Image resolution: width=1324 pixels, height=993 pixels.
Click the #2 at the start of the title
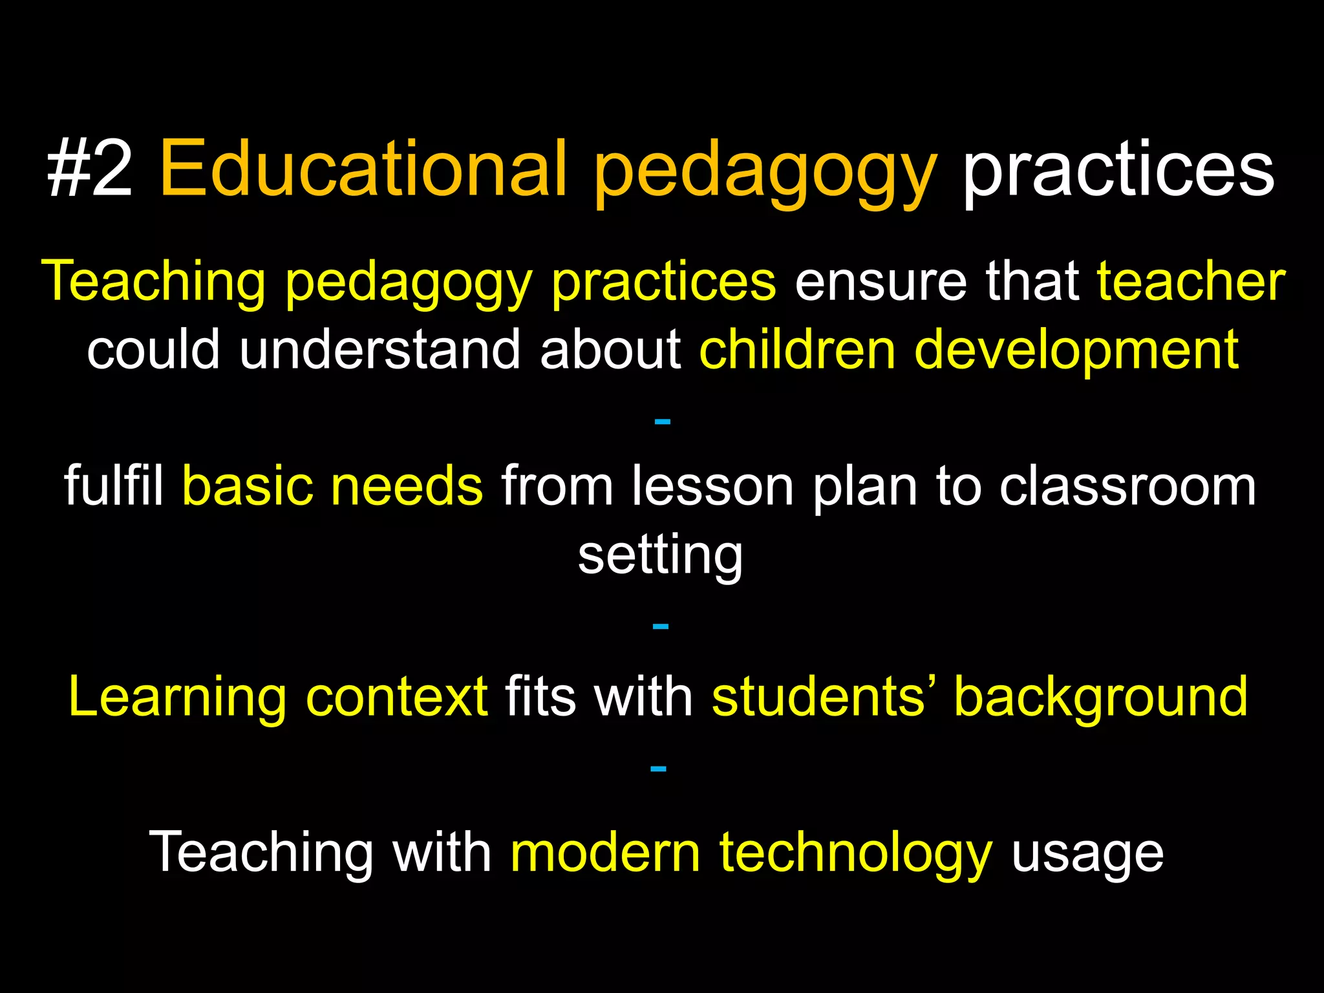[90, 170]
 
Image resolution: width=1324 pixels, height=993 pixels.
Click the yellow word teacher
[1191, 282]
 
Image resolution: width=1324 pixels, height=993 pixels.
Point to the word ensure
[880, 282]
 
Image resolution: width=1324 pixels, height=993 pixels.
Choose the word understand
[380, 350]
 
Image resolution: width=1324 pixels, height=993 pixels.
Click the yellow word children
[797, 350]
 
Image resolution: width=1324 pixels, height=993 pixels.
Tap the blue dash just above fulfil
[662, 422]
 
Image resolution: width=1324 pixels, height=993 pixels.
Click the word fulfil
[114, 486]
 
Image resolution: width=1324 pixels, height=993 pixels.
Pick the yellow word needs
[407, 486]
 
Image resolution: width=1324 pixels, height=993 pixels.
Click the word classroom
[1127, 486]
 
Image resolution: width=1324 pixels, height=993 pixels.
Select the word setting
[660, 556]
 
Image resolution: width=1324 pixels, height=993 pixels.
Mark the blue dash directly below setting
[660, 626]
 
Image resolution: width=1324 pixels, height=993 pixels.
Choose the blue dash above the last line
[658, 769]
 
